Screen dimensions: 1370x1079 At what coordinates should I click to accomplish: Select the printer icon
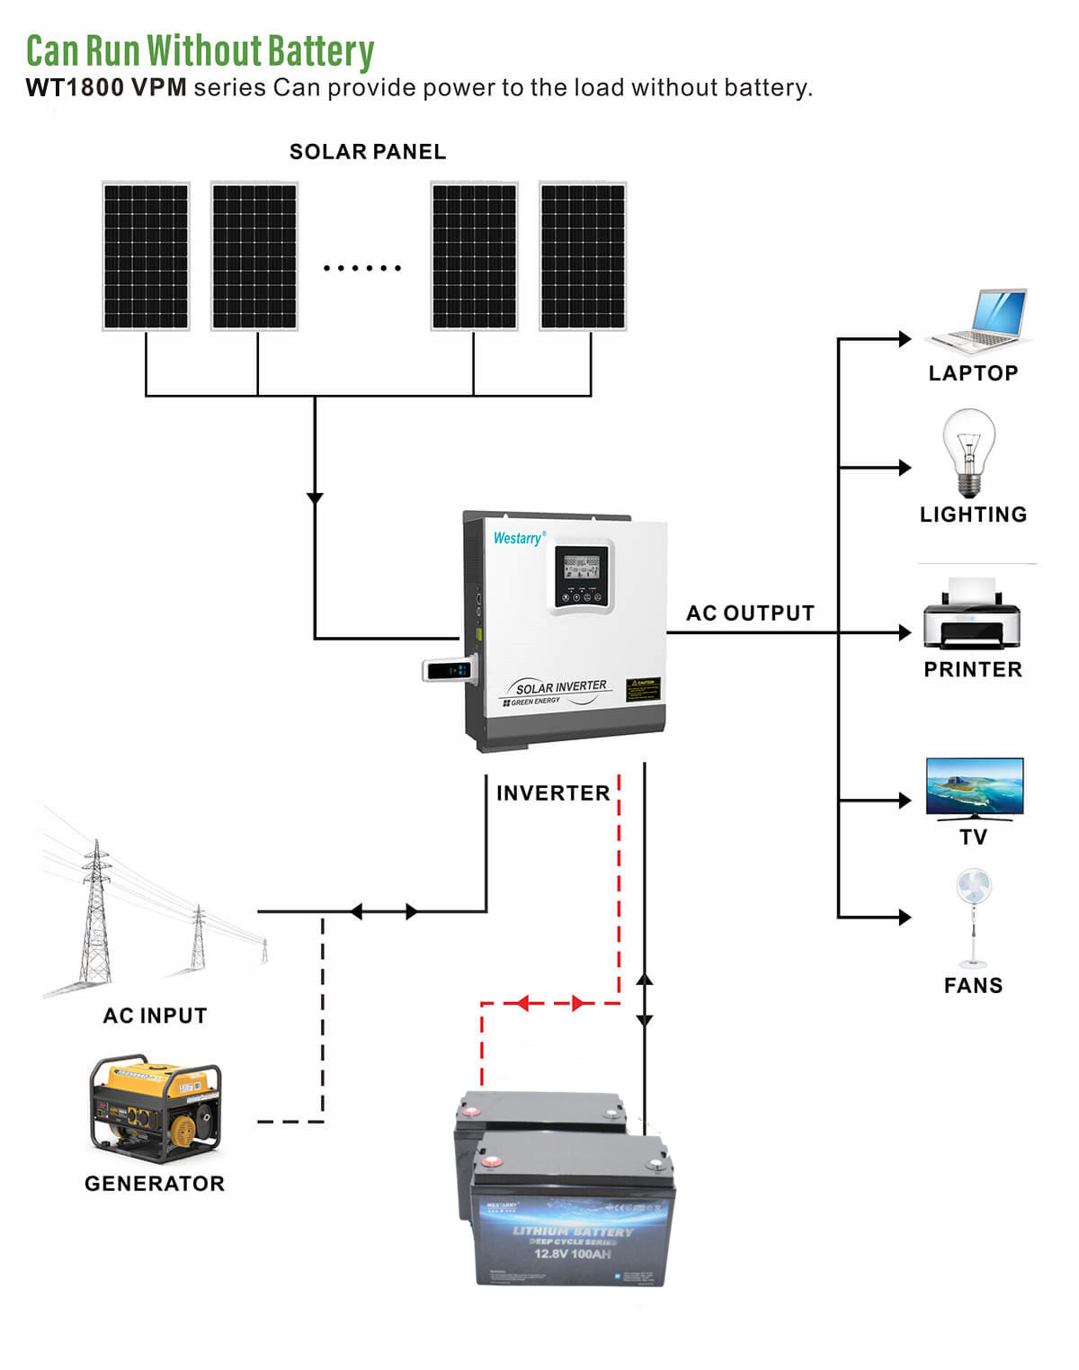click(972, 615)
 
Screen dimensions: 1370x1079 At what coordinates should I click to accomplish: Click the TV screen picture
click(975, 786)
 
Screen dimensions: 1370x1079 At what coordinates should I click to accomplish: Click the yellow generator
click(155, 1107)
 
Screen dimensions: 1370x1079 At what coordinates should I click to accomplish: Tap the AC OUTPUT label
click(750, 613)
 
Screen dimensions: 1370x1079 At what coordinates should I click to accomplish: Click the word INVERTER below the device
click(553, 793)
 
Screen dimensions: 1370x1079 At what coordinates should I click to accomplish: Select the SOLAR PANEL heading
click(368, 152)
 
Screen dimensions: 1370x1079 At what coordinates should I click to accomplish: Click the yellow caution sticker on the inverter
click(643, 689)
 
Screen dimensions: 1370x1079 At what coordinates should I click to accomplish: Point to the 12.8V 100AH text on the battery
click(572, 1253)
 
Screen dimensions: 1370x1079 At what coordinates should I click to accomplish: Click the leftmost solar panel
click(146, 256)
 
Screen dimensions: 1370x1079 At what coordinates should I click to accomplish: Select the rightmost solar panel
click(583, 256)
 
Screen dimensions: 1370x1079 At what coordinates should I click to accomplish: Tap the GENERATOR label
click(155, 1184)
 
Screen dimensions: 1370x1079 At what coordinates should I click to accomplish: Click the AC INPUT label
click(155, 1016)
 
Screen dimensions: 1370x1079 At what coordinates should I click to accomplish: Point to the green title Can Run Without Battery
click(200, 51)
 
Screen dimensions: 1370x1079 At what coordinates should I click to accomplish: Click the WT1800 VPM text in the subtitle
click(106, 88)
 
